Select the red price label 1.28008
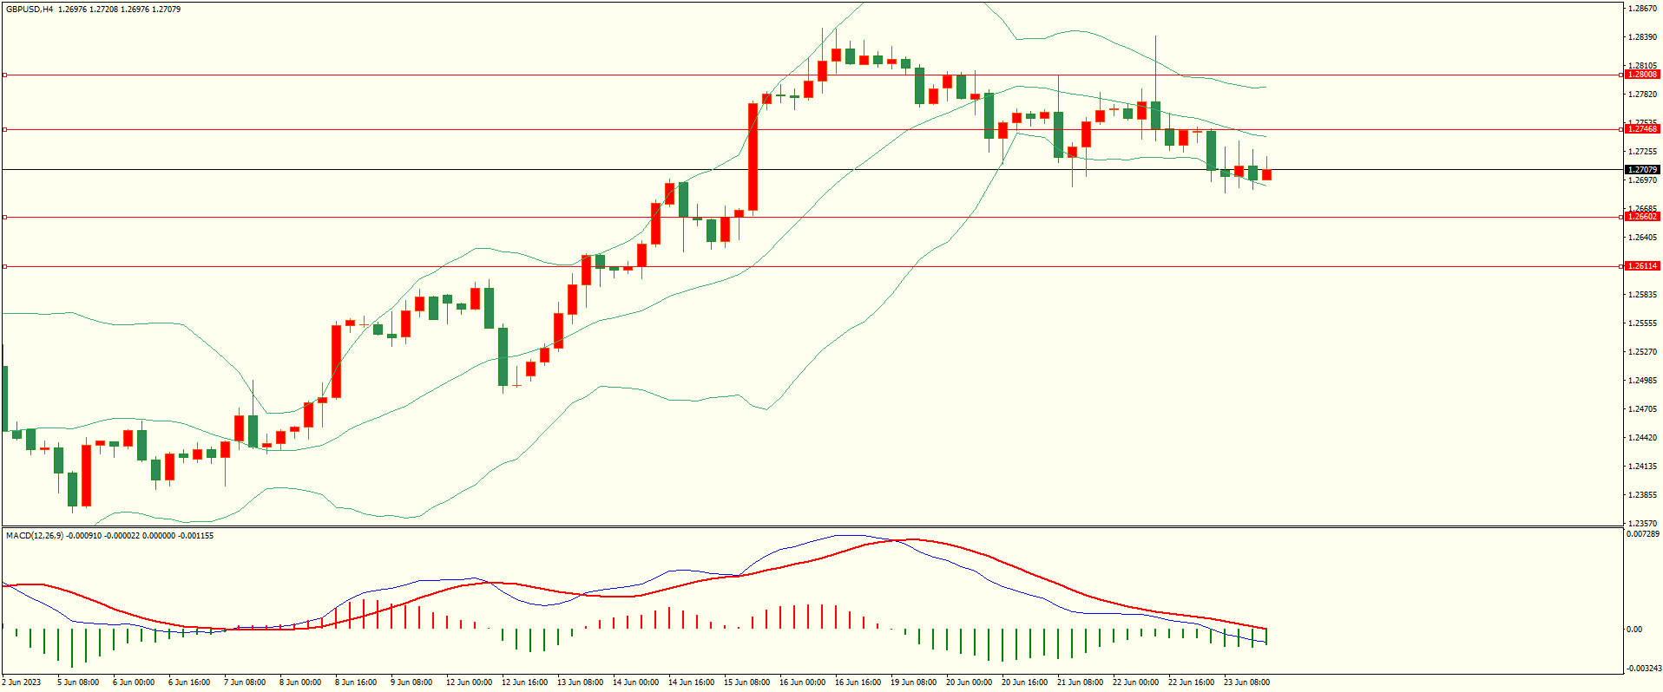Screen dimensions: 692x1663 (1641, 75)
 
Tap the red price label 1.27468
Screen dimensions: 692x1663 (1641, 129)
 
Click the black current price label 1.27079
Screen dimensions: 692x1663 (1641, 170)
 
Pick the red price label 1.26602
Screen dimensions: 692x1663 (1641, 217)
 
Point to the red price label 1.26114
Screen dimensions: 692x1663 (1641, 266)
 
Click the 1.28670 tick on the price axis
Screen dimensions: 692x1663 (1642, 9)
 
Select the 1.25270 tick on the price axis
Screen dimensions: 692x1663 (1642, 352)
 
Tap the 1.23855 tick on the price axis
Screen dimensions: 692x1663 (1642, 495)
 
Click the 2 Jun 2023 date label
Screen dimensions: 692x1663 (22, 682)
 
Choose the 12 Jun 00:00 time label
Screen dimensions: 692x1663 (469, 682)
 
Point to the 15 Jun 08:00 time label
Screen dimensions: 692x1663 (747, 682)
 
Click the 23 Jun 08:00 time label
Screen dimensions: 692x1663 (1246, 682)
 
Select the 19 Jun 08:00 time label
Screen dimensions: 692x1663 (914, 682)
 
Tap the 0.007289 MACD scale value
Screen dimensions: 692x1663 (1642, 534)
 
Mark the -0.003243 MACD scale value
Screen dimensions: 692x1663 (1642, 669)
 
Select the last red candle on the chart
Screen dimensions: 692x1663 (1266, 174)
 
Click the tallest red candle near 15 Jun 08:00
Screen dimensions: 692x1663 (753, 157)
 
